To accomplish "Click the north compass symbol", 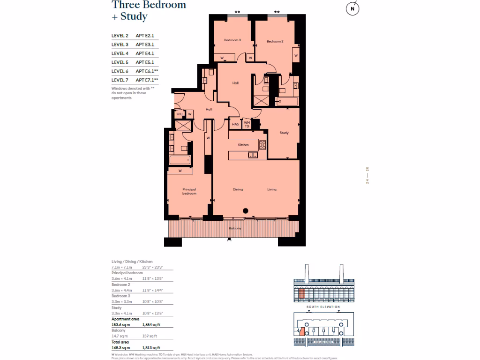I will pos(352,9).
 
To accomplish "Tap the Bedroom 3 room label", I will pos(232,41).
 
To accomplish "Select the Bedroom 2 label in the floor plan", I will pos(275,42).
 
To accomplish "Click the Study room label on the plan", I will pos(284,133).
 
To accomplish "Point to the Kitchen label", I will pos(243,145).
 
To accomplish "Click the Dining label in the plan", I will pos(238,189).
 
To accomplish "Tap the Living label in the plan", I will pos(272,189).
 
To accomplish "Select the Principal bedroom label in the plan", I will pos(189,191).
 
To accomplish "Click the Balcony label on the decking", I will pos(235,228).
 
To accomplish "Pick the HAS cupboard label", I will pos(235,124).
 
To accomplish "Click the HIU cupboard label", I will pos(180,114).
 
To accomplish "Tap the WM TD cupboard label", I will pos(247,124).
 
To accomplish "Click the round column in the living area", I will pos(245,211).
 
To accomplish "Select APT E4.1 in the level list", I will pos(145,53).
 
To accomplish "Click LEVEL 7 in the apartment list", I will pos(120,80).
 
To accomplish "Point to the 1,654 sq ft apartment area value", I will pos(151,324).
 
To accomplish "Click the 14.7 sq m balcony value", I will pos(119,336).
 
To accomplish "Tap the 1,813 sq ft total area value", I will pos(151,348).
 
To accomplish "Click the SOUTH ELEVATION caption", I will pos(323,307).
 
